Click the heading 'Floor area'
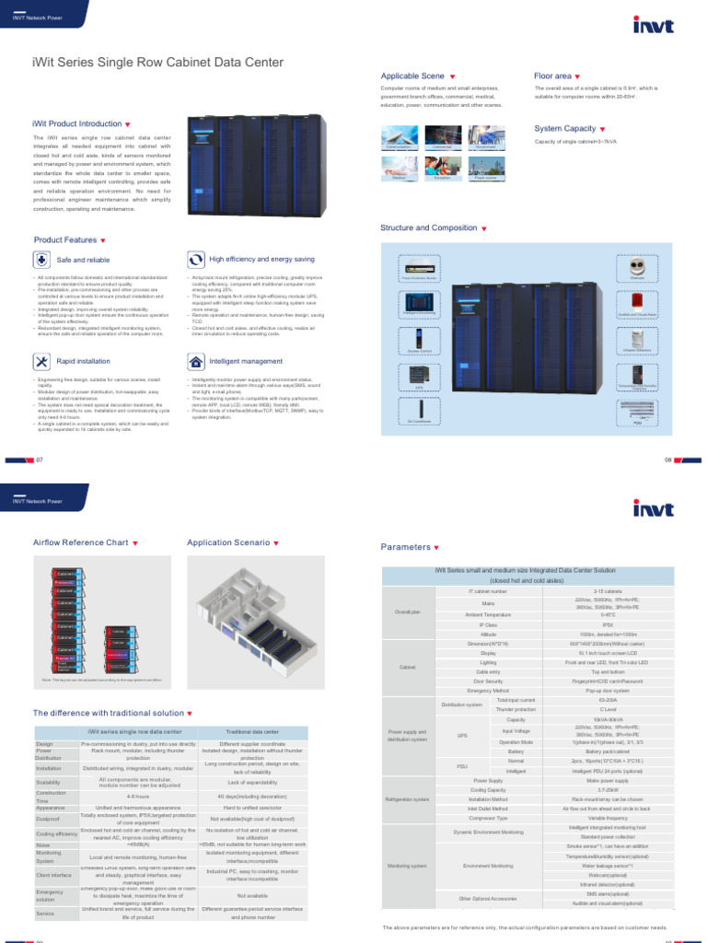(552, 76)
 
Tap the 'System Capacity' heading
(564, 129)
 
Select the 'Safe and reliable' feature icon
(43, 261)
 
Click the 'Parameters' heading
(406, 547)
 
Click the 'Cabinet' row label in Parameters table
(407, 667)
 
